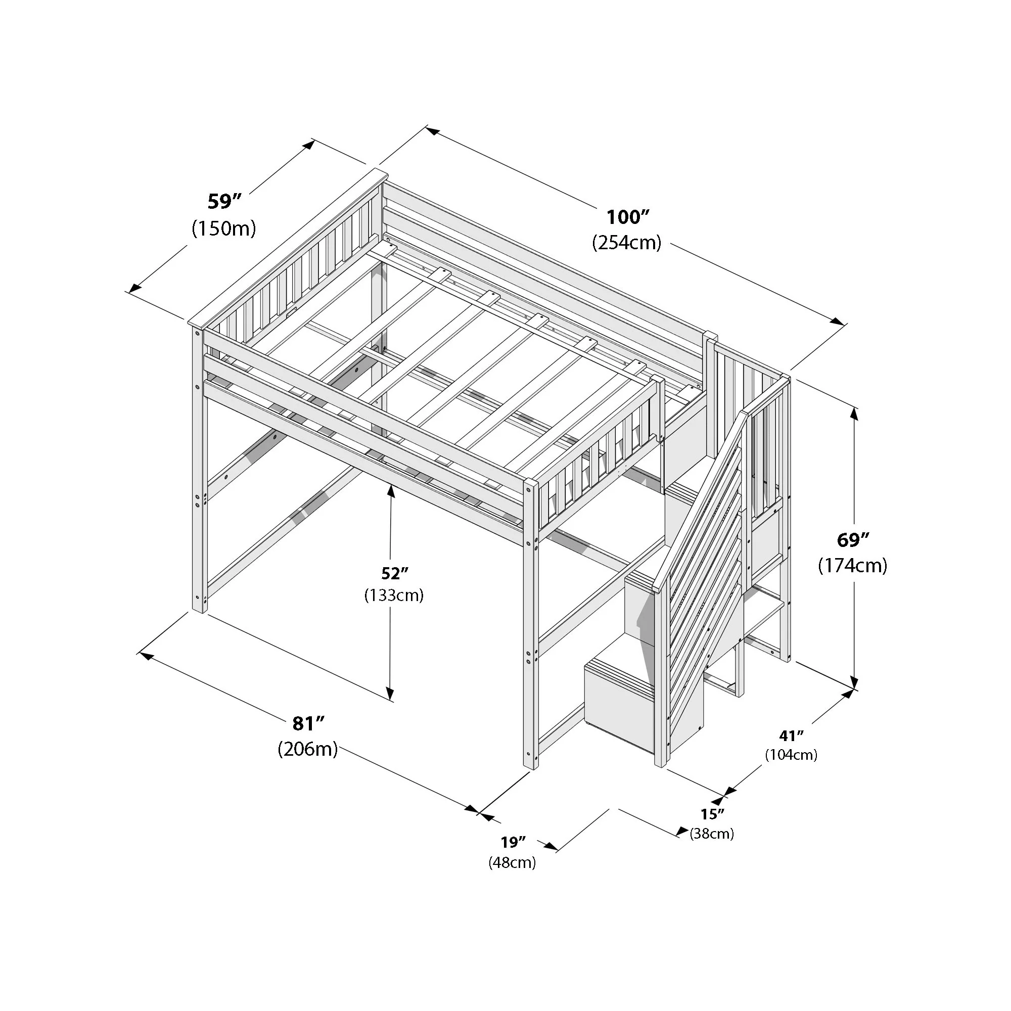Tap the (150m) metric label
tap(224, 228)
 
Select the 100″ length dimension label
tap(627, 216)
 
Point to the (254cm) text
tap(627, 243)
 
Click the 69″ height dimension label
tap(852, 539)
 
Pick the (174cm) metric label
tap(852, 566)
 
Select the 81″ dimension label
tap(308, 723)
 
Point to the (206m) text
tap(308, 749)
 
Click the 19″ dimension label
tap(512, 843)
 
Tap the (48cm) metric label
tap(512, 863)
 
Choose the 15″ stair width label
tap(712, 814)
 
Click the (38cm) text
tap(712, 834)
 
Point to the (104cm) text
tap(791, 755)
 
